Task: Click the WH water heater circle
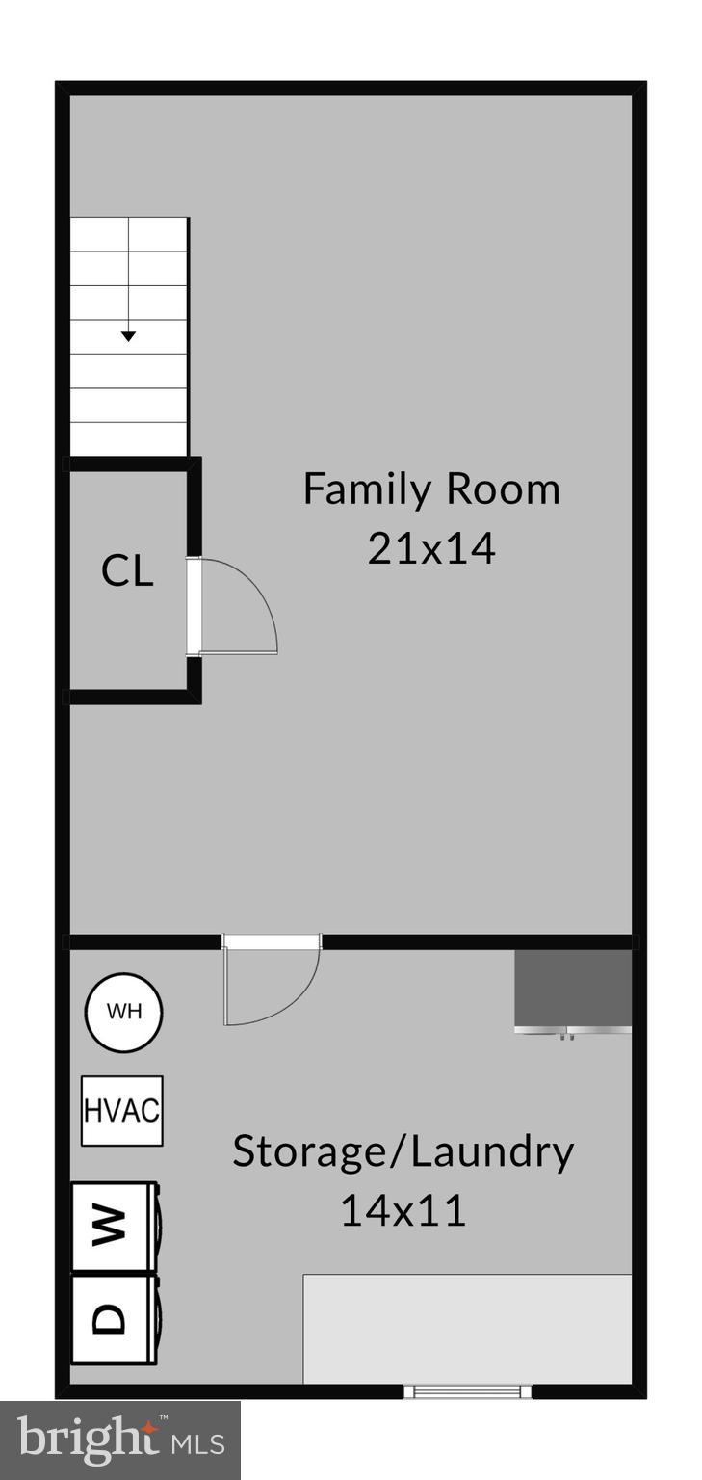point(123,1012)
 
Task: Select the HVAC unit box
point(121,1110)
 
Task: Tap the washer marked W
point(113,1225)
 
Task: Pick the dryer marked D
point(113,1317)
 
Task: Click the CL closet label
point(127,571)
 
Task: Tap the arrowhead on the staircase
point(128,336)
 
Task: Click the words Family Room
point(430,489)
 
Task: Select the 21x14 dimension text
point(430,548)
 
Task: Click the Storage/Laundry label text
point(403,1150)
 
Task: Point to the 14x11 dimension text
point(403,1210)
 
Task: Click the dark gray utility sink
point(573,989)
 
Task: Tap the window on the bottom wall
point(467,1390)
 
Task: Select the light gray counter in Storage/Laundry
point(467,1329)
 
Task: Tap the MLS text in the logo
point(197,1443)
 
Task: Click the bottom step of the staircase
point(128,437)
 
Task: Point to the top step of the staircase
point(128,235)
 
